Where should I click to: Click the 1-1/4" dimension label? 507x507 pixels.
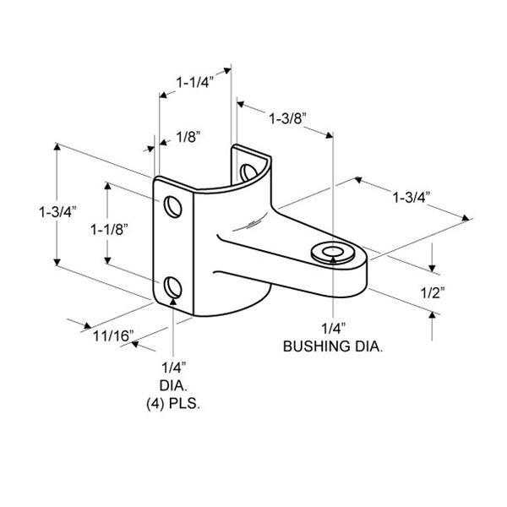[195, 83]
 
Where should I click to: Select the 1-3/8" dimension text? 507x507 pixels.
[288, 118]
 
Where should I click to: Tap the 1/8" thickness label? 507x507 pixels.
[188, 137]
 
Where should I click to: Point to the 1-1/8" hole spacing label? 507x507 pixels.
[109, 230]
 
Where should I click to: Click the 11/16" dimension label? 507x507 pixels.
[113, 336]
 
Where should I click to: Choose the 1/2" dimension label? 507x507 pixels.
[433, 293]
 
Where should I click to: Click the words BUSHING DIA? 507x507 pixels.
[333, 346]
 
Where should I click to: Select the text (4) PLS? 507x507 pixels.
[173, 404]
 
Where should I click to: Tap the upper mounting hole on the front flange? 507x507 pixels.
[173, 207]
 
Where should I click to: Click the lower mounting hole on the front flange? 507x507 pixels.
[173, 287]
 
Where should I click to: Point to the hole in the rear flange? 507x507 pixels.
[248, 172]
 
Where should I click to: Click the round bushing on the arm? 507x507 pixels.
[333, 253]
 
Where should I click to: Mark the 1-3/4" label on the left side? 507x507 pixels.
[57, 212]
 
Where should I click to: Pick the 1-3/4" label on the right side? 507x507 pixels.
[412, 197]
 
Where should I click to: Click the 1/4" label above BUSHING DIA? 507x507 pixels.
[334, 329]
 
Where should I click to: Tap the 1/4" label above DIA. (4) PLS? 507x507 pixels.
[174, 368]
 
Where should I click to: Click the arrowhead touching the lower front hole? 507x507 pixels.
[173, 302]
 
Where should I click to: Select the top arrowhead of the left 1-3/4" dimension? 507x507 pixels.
[57, 146]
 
